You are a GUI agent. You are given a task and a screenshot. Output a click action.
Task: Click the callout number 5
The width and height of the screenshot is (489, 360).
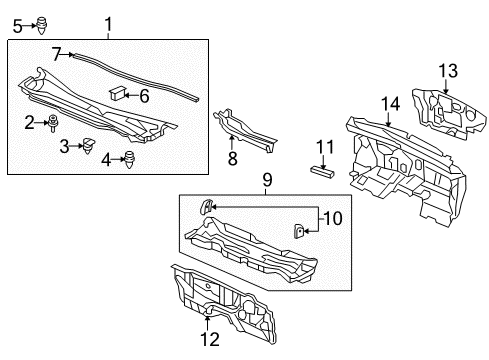coord(18,26)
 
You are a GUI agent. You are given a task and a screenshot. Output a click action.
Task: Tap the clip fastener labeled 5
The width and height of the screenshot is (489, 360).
coord(42,25)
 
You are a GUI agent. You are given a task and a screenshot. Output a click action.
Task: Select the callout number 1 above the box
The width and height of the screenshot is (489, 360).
coord(108,24)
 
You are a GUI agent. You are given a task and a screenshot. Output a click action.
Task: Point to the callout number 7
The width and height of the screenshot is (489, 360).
coord(57,54)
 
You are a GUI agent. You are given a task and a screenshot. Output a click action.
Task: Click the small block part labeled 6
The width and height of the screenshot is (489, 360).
coord(117,93)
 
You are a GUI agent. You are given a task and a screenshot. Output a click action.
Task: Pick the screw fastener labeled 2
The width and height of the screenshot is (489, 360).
coord(53,123)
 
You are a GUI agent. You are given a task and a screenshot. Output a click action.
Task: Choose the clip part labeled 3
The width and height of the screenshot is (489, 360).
coord(88,145)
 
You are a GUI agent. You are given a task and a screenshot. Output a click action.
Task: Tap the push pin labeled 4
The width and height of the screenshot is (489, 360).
coord(129,160)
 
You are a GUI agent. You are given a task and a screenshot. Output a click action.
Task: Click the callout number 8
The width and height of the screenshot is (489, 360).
coord(233,158)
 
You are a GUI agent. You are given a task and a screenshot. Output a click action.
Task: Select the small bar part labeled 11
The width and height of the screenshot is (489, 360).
coord(322,171)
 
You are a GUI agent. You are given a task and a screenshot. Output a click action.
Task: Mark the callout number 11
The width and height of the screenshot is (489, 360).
coord(325,147)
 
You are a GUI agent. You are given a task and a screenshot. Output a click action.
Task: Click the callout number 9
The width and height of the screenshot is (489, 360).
coord(267,180)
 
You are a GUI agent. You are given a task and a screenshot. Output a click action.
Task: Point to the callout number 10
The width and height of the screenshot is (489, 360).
coord(333,219)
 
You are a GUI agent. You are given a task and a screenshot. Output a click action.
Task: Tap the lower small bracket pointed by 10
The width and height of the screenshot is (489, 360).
coord(299,231)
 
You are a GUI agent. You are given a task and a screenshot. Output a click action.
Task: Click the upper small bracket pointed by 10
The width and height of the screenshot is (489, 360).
coord(205,206)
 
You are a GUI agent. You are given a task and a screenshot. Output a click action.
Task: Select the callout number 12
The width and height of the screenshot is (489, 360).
coord(210,339)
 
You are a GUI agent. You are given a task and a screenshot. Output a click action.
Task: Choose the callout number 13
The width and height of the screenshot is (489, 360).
coord(448,71)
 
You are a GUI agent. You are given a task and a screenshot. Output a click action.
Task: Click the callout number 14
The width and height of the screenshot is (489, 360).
coord(390,104)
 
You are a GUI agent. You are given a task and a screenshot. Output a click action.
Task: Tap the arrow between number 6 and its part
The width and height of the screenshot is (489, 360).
coord(131,96)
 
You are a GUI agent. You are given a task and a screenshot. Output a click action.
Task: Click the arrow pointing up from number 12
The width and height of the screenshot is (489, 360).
coord(207,323)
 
